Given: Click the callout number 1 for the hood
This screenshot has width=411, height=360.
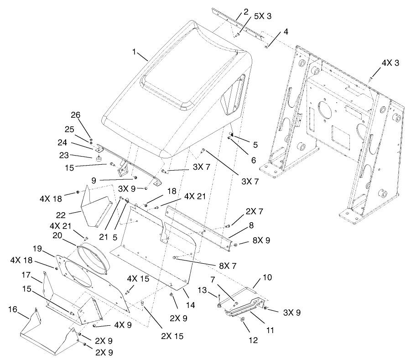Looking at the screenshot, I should (134, 52).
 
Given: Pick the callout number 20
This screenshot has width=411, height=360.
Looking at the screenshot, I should (58, 235).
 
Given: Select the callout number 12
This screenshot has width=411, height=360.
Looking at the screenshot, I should (254, 340).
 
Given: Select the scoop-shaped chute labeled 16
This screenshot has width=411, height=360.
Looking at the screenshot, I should (46, 338).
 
